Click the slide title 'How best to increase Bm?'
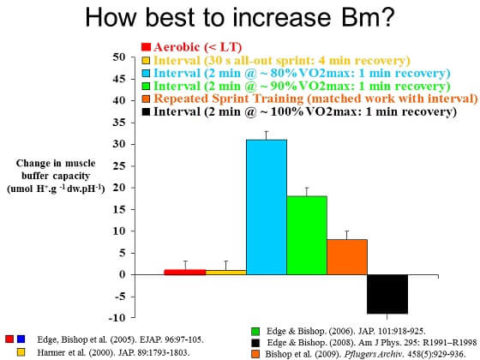pyautogui.click(x=240, y=20)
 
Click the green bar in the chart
pyautogui.click(x=307, y=234)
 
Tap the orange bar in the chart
pyautogui.click(x=348, y=256)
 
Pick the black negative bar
pyautogui.click(x=388, y=294)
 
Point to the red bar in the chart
pyautogui.click(x=184, y=272)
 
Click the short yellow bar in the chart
pyautogui.click(x=225, y=272)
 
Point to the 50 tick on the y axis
pyautogui.click(x=147, y=57)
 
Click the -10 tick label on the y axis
pyautogui.click(x=144, y=318)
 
